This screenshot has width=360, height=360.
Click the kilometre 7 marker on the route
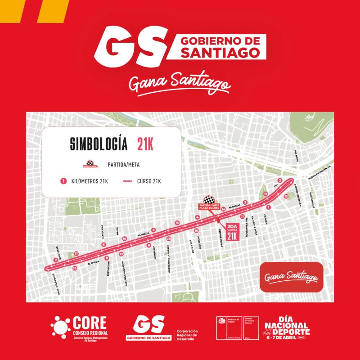(56, 260)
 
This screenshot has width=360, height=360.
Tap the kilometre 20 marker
(168, 239)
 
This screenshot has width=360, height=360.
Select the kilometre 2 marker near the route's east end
(280, 180)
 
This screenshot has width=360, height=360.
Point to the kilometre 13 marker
(266, 193)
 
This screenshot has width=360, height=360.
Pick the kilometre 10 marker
(196, 230)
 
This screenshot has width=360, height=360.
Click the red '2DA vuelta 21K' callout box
(232, 233)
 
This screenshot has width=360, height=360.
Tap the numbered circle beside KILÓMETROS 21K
(64, 181)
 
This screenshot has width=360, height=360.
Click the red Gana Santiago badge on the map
(290, 275)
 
